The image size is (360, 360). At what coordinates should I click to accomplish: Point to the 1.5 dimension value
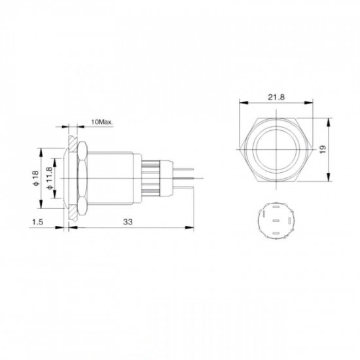coord(38,223)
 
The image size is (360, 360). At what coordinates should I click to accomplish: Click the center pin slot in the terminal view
coord(276,221)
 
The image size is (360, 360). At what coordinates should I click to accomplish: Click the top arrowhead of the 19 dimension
coord(325,120)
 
